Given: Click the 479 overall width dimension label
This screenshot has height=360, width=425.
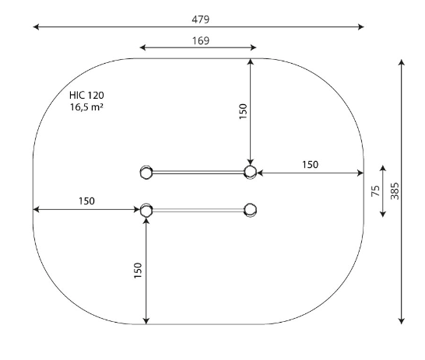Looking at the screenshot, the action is tap(201, 19).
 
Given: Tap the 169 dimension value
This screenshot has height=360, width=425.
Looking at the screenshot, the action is tap(201, 41).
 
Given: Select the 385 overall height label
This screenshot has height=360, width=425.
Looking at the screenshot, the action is tap(395, 191).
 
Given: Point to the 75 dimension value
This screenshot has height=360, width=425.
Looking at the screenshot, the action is tap(376, 191).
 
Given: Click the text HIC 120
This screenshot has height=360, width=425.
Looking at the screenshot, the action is tap(86, 96).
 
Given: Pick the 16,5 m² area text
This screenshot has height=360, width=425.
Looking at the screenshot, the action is tap(86, 107).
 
